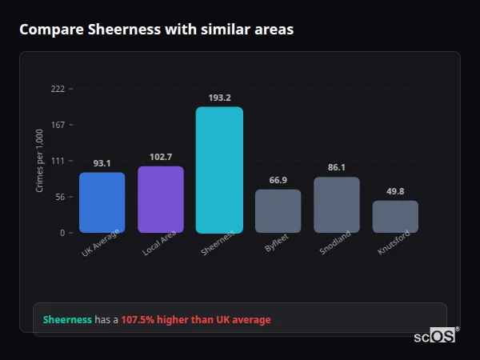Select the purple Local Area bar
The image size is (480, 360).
click(x=161, y=199)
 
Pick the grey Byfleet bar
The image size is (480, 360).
click(x=278, y=211)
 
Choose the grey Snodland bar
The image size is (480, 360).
click(x=337, y=205)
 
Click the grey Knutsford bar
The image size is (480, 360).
click(x=395, y=217)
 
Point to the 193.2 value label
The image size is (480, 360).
click(x=219, y=98)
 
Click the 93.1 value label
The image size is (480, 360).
click(x=102, y=163)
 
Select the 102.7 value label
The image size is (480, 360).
click(x=161, y=157)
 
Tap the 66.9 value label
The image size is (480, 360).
click(x=278, y=180)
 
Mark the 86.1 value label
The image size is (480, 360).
click(x=337, y=168)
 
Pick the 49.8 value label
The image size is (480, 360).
click(x=395, y=191)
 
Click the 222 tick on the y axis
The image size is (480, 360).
click(x=58, y=89)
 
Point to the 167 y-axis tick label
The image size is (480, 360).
click(x=58, y=125)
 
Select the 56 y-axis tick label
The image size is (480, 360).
click(x=60, y=197)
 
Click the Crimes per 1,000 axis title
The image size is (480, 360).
click(x=40, y=161)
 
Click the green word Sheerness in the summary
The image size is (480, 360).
click(x=67, y=320)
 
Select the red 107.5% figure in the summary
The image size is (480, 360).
click(x=137, y=320)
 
